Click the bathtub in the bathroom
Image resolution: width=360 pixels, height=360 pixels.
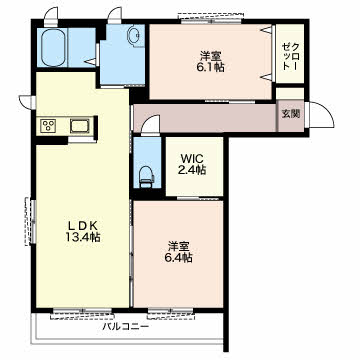point(53,48)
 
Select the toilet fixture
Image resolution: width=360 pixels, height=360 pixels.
point(147,177)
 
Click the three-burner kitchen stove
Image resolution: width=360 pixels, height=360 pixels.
point(49,126)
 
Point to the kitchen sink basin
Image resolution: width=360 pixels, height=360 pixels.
point(79,127)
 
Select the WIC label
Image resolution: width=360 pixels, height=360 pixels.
point(193,158)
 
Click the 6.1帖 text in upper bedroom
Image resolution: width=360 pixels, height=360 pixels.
point(210,67)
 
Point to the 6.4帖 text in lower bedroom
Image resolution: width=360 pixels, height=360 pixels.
point(179,258)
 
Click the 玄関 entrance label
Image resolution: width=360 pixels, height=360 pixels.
point(290,114)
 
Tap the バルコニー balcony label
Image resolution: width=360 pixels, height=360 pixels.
point(125,326)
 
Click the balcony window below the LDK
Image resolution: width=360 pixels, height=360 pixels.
point(83,313)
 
